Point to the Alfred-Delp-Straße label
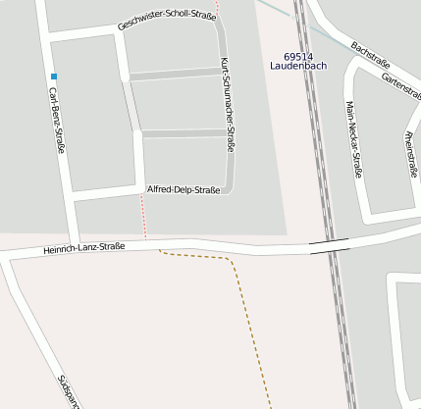[x=184, y=189]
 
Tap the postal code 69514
[x=296, y=57]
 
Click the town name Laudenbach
[x=298, y=67]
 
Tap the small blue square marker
[x=54, y=77]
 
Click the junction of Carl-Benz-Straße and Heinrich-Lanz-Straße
[x=73, y=249]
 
